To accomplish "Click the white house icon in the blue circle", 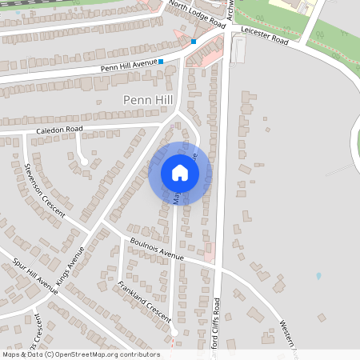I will click(x=179, y=173).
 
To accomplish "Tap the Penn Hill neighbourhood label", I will click(x=147, y=99).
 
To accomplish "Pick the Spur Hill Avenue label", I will click(x=37, y=275).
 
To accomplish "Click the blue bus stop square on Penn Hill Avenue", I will click(x=161, y=61).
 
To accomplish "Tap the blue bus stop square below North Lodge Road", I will click(x=194, y=42).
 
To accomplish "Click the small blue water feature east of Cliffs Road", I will click(x=318, y=276).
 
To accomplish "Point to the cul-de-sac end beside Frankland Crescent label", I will click(x=175, y=331).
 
